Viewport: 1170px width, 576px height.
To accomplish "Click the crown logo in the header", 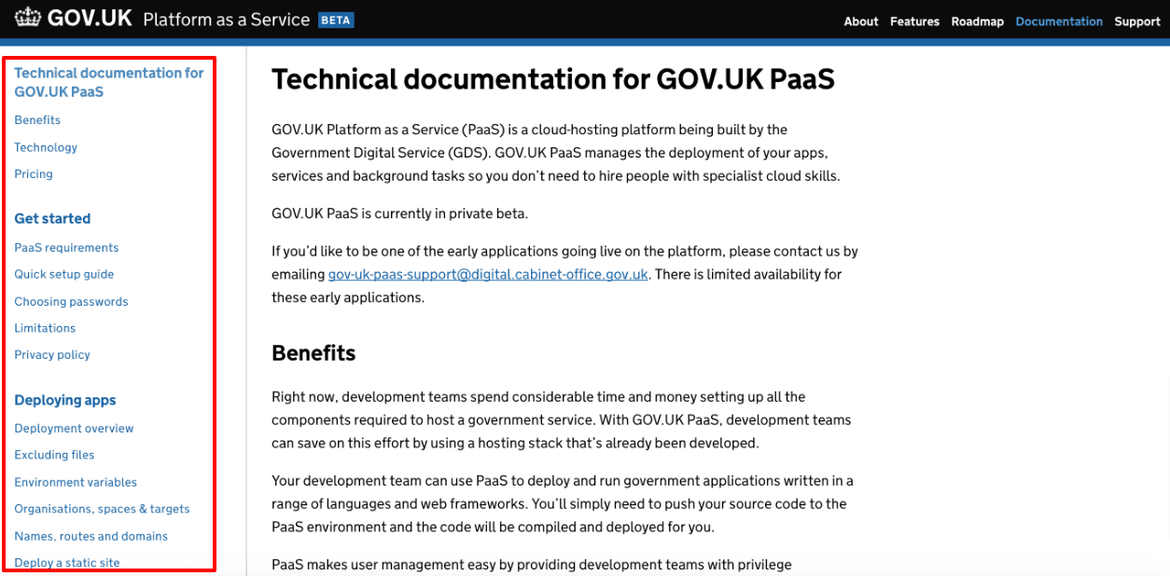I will coord(28,19).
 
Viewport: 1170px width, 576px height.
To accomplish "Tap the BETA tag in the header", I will coord(336,20).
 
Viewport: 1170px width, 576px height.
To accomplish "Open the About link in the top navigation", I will coord(860,21).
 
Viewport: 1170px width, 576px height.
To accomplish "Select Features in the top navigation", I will coord(914,21).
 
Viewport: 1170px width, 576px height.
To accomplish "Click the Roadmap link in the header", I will coord(977,21).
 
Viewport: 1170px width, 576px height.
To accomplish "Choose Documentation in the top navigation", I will coord(1059,21).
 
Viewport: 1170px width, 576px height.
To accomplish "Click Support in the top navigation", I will coord(1136,21).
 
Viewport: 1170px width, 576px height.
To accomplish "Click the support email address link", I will coord(488,274).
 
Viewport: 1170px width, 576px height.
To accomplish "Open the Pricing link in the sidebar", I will coord(34,174).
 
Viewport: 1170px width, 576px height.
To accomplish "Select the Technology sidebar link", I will coord(46,147).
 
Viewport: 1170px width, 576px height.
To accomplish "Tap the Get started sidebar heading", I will coord(52,219).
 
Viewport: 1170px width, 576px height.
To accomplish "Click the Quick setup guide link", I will coord(64,274).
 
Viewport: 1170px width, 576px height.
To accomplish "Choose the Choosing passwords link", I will coord(71,301).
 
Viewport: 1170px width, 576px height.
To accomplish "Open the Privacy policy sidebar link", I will coord(52,355).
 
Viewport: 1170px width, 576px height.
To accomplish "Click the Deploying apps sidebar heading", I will coord(65,400).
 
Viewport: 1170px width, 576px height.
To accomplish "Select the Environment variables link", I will coord(76,482).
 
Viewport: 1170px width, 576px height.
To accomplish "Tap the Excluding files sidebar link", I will coord(54,455).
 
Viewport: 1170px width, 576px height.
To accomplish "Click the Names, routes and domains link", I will coord(91,536).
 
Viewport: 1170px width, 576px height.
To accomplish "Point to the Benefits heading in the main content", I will coord(313,353).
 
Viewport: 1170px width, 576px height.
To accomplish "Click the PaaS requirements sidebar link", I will coord(66,248).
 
